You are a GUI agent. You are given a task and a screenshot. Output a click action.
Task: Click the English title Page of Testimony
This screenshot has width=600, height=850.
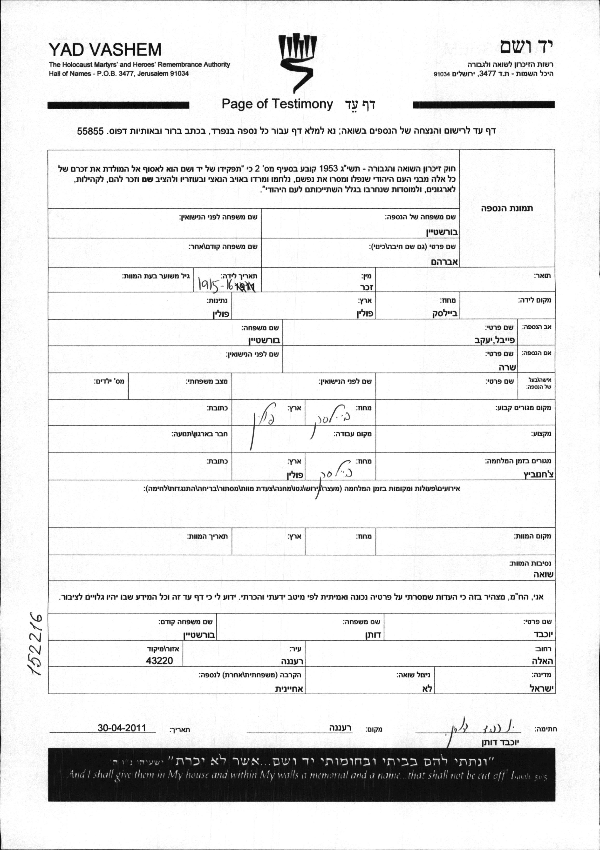point(277,104)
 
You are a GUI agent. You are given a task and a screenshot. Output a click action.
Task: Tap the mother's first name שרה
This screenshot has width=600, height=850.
point(508,367)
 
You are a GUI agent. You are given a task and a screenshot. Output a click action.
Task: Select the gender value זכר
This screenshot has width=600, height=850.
point(366,287)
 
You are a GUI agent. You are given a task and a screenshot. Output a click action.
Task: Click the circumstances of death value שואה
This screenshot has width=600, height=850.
point(543,575)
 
